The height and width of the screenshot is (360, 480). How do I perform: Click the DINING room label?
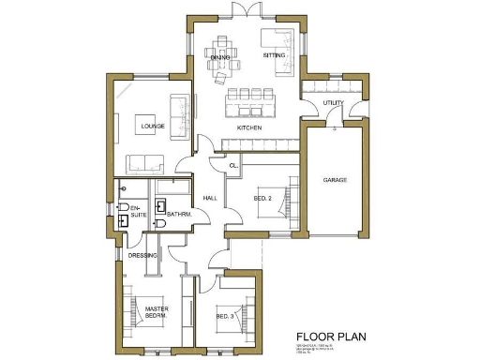(220, 57)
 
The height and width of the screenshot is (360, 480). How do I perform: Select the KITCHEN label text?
(248, 127)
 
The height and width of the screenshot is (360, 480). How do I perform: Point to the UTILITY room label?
(333, 103)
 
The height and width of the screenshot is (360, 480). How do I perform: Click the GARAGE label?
(336, 178)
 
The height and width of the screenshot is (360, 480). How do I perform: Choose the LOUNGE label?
(153, 124)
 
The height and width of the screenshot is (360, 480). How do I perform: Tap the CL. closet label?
(233, 166)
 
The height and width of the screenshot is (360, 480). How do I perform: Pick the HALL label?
(210, 198)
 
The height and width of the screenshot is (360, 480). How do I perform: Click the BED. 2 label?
(263, 198)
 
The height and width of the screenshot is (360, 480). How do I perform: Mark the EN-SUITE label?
(137, 212)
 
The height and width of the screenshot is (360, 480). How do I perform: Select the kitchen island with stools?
(250, 97)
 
